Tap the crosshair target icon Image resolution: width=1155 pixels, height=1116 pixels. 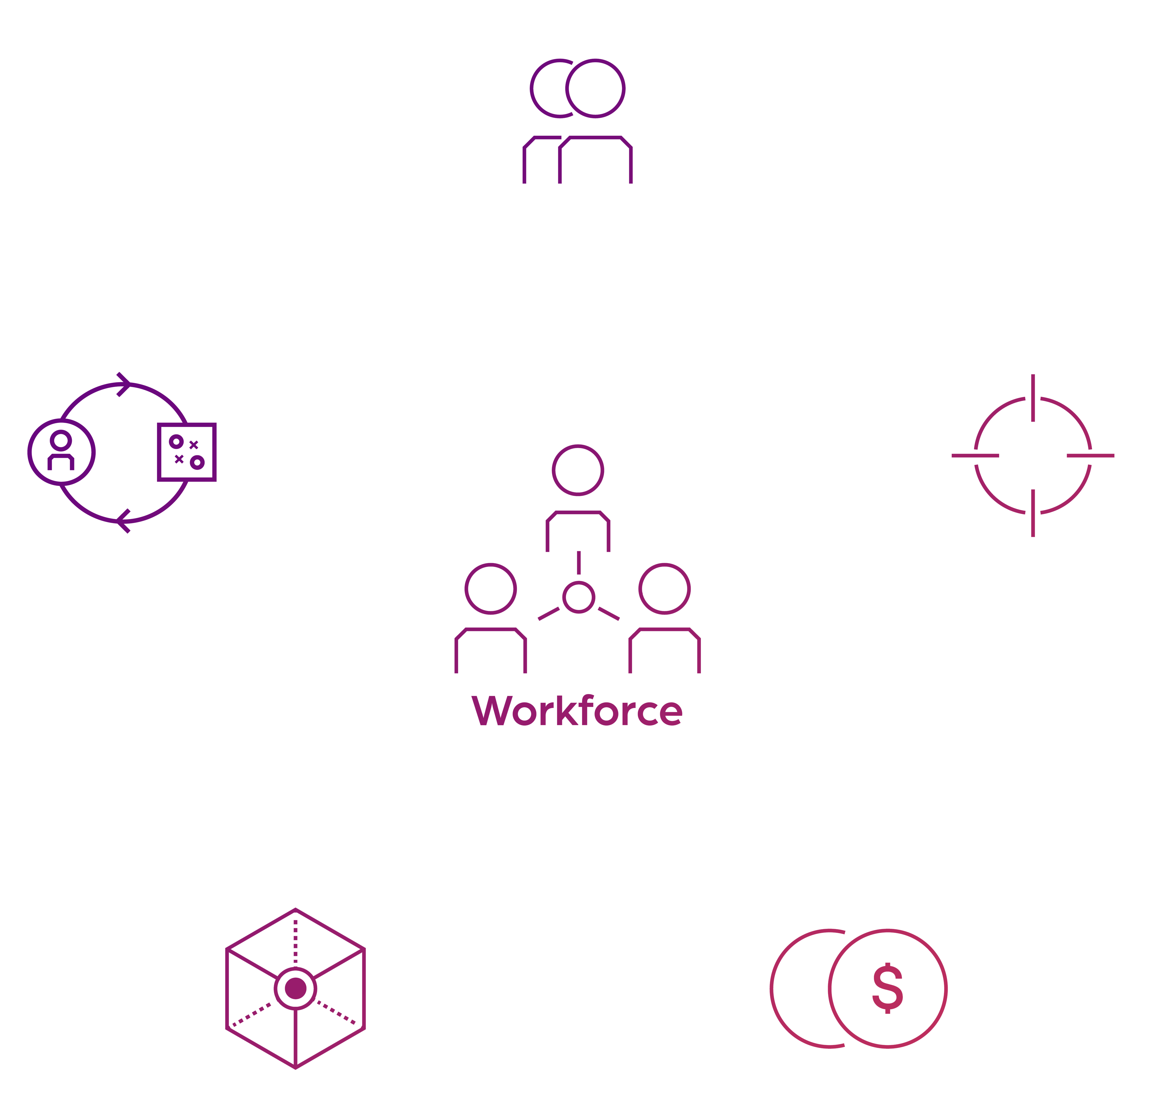[1033, 455]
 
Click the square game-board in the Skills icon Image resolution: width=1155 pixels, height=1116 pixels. [187, 452]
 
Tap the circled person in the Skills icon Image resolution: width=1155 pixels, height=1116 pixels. [61, 452]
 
